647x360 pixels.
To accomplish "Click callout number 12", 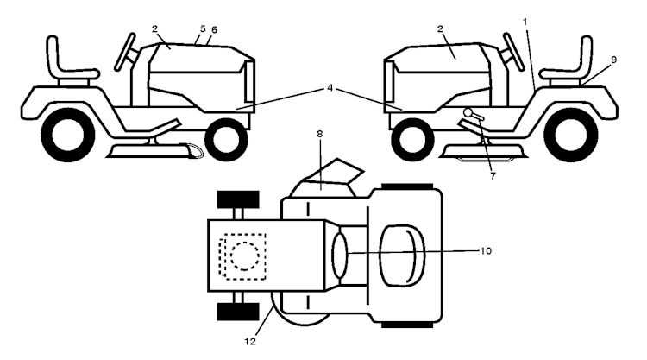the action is point(250,341).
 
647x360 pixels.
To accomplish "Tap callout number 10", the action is point(486,250).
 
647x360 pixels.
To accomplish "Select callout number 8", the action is point(319,134).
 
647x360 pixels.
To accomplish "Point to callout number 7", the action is point(493,175).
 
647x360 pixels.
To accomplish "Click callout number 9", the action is point(613,60).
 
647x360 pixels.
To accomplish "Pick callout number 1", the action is point(525,22).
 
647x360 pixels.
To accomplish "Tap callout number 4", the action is point(330,88).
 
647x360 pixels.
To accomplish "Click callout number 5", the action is point(203,28).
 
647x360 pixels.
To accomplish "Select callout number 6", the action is point(214,29).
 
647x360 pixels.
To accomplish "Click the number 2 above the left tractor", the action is point(154,28).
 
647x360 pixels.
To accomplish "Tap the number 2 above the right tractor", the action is point(440,28).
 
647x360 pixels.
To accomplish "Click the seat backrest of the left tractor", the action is point(53,56).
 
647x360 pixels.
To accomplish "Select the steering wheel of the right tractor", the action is point(513,52).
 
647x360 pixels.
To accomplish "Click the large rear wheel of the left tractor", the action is point(68,135).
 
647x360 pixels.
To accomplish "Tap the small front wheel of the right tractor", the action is point(412,140).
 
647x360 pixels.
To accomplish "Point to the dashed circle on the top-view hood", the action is point(245,256).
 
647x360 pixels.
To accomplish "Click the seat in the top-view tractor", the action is point(402,256).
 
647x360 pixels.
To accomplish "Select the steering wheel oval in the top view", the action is point(341,255).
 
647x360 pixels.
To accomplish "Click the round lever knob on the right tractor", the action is point(468,112).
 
